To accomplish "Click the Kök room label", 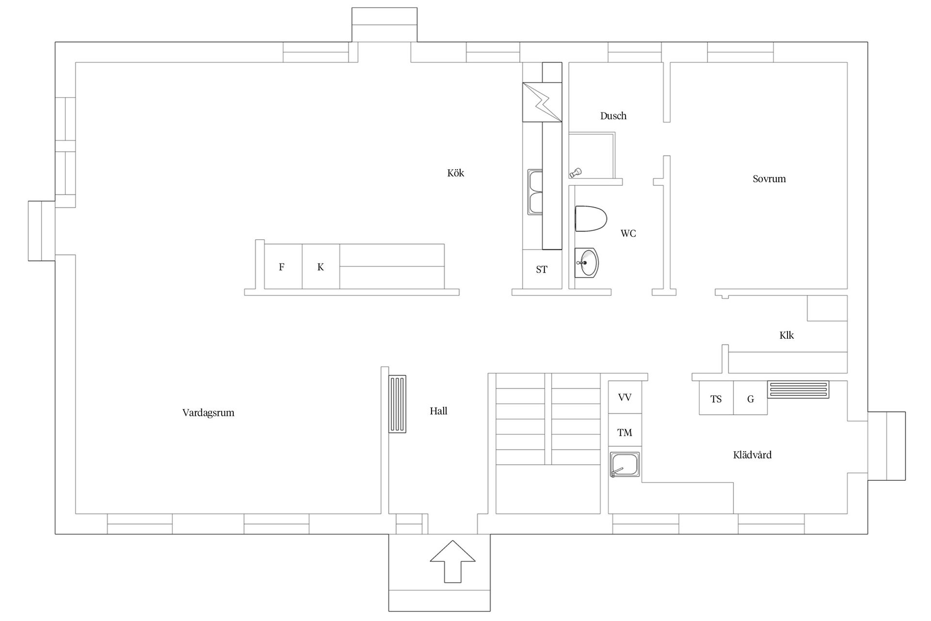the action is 455,173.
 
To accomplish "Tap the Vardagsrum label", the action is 208,413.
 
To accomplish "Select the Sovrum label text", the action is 769,179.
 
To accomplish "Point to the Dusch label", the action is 613,116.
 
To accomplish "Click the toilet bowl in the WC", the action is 591,219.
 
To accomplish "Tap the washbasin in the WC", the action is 586,263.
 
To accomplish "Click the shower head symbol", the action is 576,172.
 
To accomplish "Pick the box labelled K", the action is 321,266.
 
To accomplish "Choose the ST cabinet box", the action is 542,269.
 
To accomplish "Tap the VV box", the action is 625,397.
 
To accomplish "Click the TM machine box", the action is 625,432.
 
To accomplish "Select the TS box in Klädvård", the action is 716,398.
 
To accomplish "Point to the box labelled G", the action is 750,398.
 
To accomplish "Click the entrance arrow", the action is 452,561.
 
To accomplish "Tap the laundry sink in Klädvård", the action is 625,465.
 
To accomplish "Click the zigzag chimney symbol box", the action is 542,102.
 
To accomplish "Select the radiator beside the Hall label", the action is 398,404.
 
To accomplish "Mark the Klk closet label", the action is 787,335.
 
